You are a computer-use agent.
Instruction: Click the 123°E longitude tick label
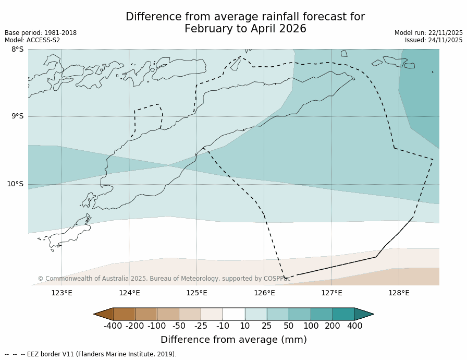point(62,293)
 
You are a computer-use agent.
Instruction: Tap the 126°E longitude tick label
point(264,293)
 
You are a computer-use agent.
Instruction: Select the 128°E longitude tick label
point(399,293)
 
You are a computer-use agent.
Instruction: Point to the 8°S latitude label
point(17,50)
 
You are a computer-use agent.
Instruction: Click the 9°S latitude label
point(17,116)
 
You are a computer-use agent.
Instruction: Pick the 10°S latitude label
point(15,184)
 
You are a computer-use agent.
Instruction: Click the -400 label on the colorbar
point(113,326)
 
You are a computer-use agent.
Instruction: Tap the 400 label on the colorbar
point(354,326)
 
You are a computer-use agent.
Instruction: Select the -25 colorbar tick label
point(201,326)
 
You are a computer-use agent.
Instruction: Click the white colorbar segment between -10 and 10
point(233,314)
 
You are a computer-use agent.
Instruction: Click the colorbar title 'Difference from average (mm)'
point(233,340)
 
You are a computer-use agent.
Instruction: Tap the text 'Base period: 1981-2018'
point(41,33)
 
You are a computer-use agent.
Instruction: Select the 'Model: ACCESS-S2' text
point(32,40)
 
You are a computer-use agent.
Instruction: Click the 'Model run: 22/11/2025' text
point(428,33)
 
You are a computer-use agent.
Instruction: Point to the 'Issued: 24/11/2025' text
point(434,40)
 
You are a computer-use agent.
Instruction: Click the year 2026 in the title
point(292,29)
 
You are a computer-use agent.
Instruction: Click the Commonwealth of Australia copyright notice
point(164,279)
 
